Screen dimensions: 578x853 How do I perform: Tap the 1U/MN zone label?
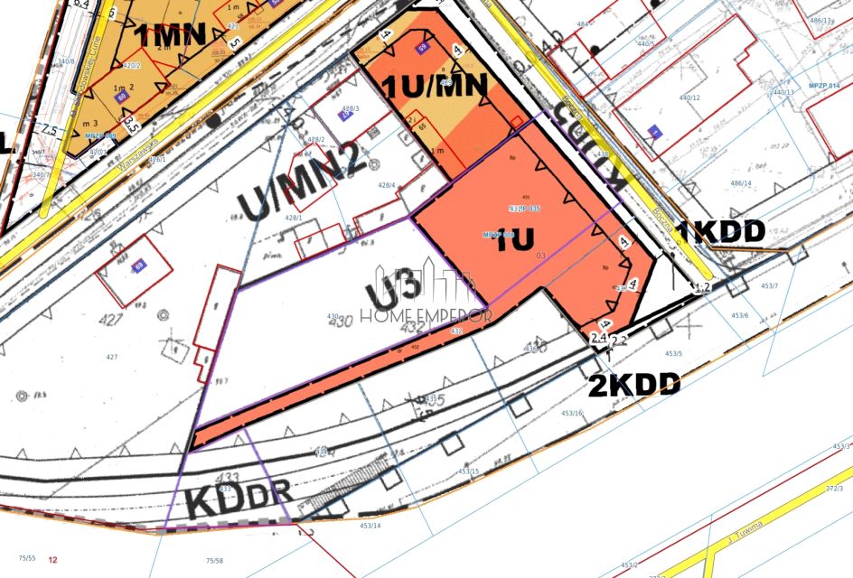437,86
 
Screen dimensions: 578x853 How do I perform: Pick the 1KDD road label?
721,232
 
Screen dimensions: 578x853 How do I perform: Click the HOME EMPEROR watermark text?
426,315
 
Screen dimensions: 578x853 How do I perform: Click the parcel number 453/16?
573,413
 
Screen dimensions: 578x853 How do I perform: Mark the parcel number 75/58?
214,560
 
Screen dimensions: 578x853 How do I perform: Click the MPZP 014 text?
824,84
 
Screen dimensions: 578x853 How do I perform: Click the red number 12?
53,560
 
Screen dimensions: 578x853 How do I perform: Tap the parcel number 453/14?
370,525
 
